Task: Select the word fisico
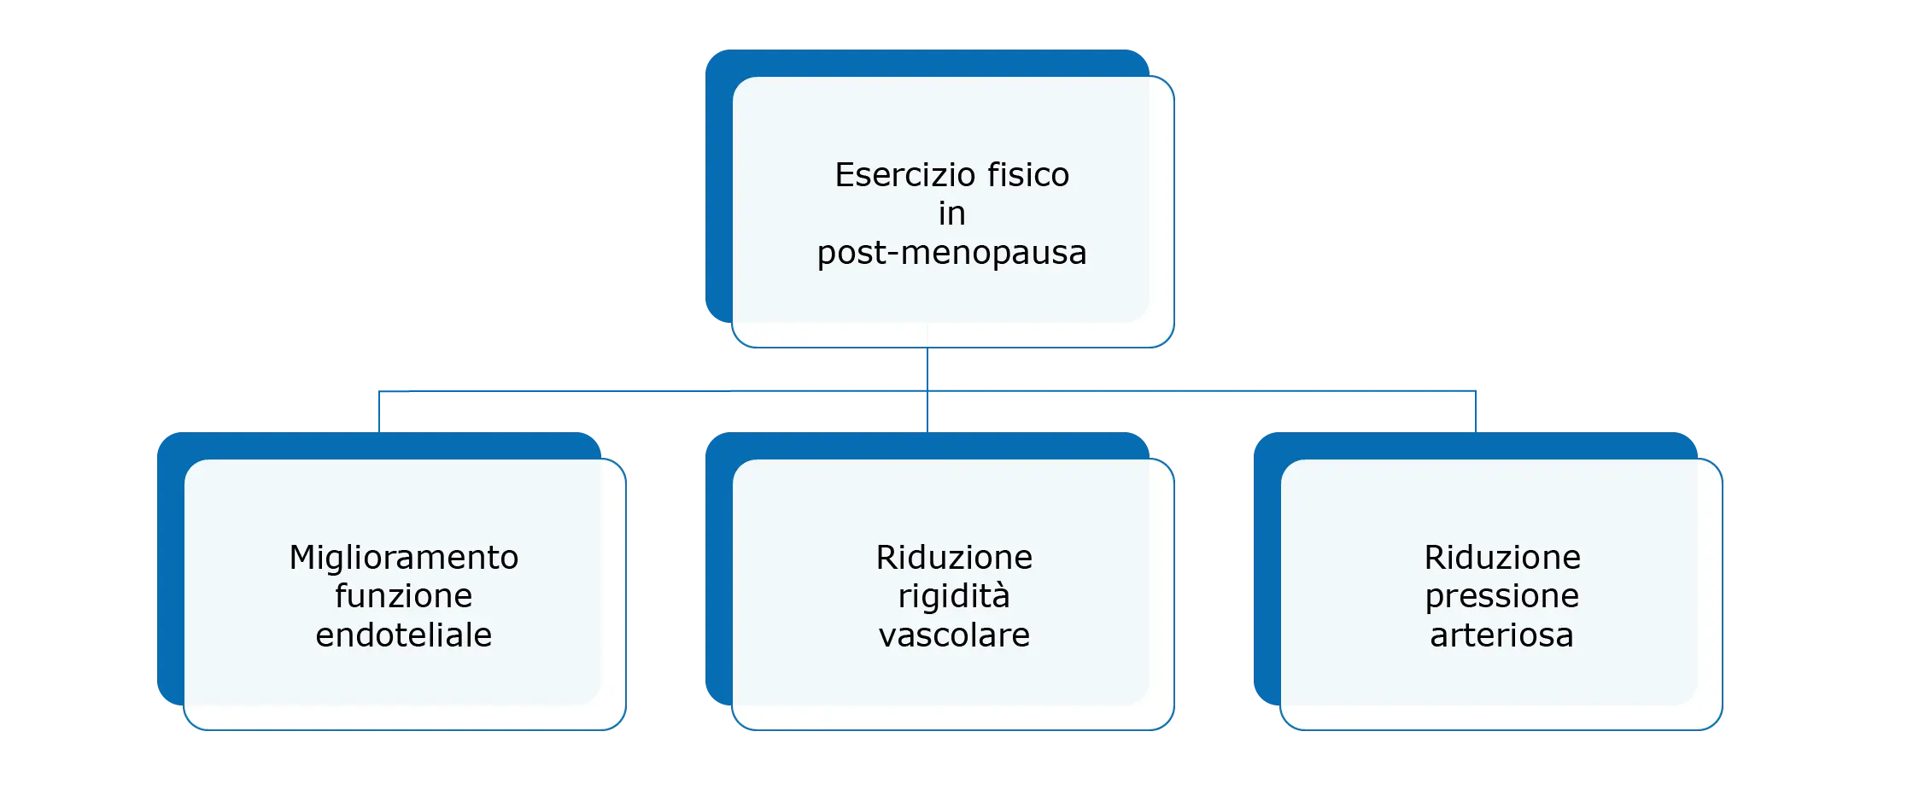click(1028, 175)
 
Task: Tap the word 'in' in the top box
click(951, 214)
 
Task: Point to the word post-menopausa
click(951, 253)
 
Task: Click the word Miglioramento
click(404, 558)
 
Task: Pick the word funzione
click(404, 596)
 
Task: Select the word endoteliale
click(404, 635)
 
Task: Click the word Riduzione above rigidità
click(954, 558)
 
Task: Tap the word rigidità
click(954, 596)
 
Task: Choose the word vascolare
click(954, 635)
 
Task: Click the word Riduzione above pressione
click(1502, 558)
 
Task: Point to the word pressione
click(1502, 596)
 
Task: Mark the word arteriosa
click(1502, 635)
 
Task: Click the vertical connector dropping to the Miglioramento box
click(379, 412)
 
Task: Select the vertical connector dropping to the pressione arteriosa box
click(1475, 412)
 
